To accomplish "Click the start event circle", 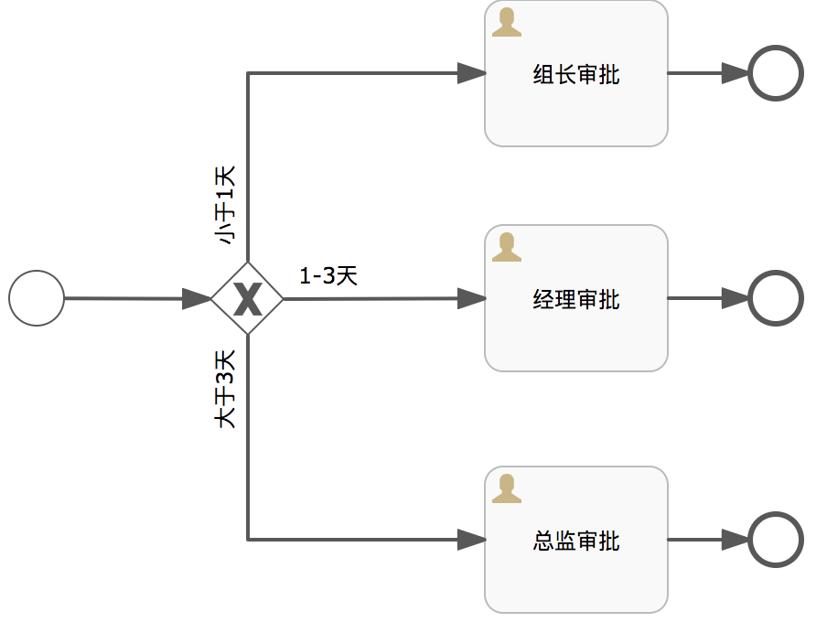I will click(x=37, y=298).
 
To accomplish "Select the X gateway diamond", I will click(x=247, y=298).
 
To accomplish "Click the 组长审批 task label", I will click(x=576, y=74).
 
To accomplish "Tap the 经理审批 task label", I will click(x=576, y=299).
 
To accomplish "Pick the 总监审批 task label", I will click(x=576, y=541).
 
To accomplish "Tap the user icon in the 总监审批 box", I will click(x=507, y=489).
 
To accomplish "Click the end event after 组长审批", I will click(x=776, y=73).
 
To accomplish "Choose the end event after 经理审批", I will click(x=776, y=298).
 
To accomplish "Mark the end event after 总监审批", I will click(x=776, y=540).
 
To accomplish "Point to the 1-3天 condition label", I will click(x=328, y=276).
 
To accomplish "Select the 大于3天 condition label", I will click(x=225, y=390).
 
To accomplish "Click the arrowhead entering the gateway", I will click(x=198, y=298).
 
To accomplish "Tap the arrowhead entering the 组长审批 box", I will click(x=471, y=73).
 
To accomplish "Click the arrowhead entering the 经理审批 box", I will click(x=471, y=298).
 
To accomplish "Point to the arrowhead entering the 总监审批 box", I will click(x=471, y=540).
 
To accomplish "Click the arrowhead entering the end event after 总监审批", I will click(x=736, y=540).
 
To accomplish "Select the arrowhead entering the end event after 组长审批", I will click(x=736, y=73).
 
